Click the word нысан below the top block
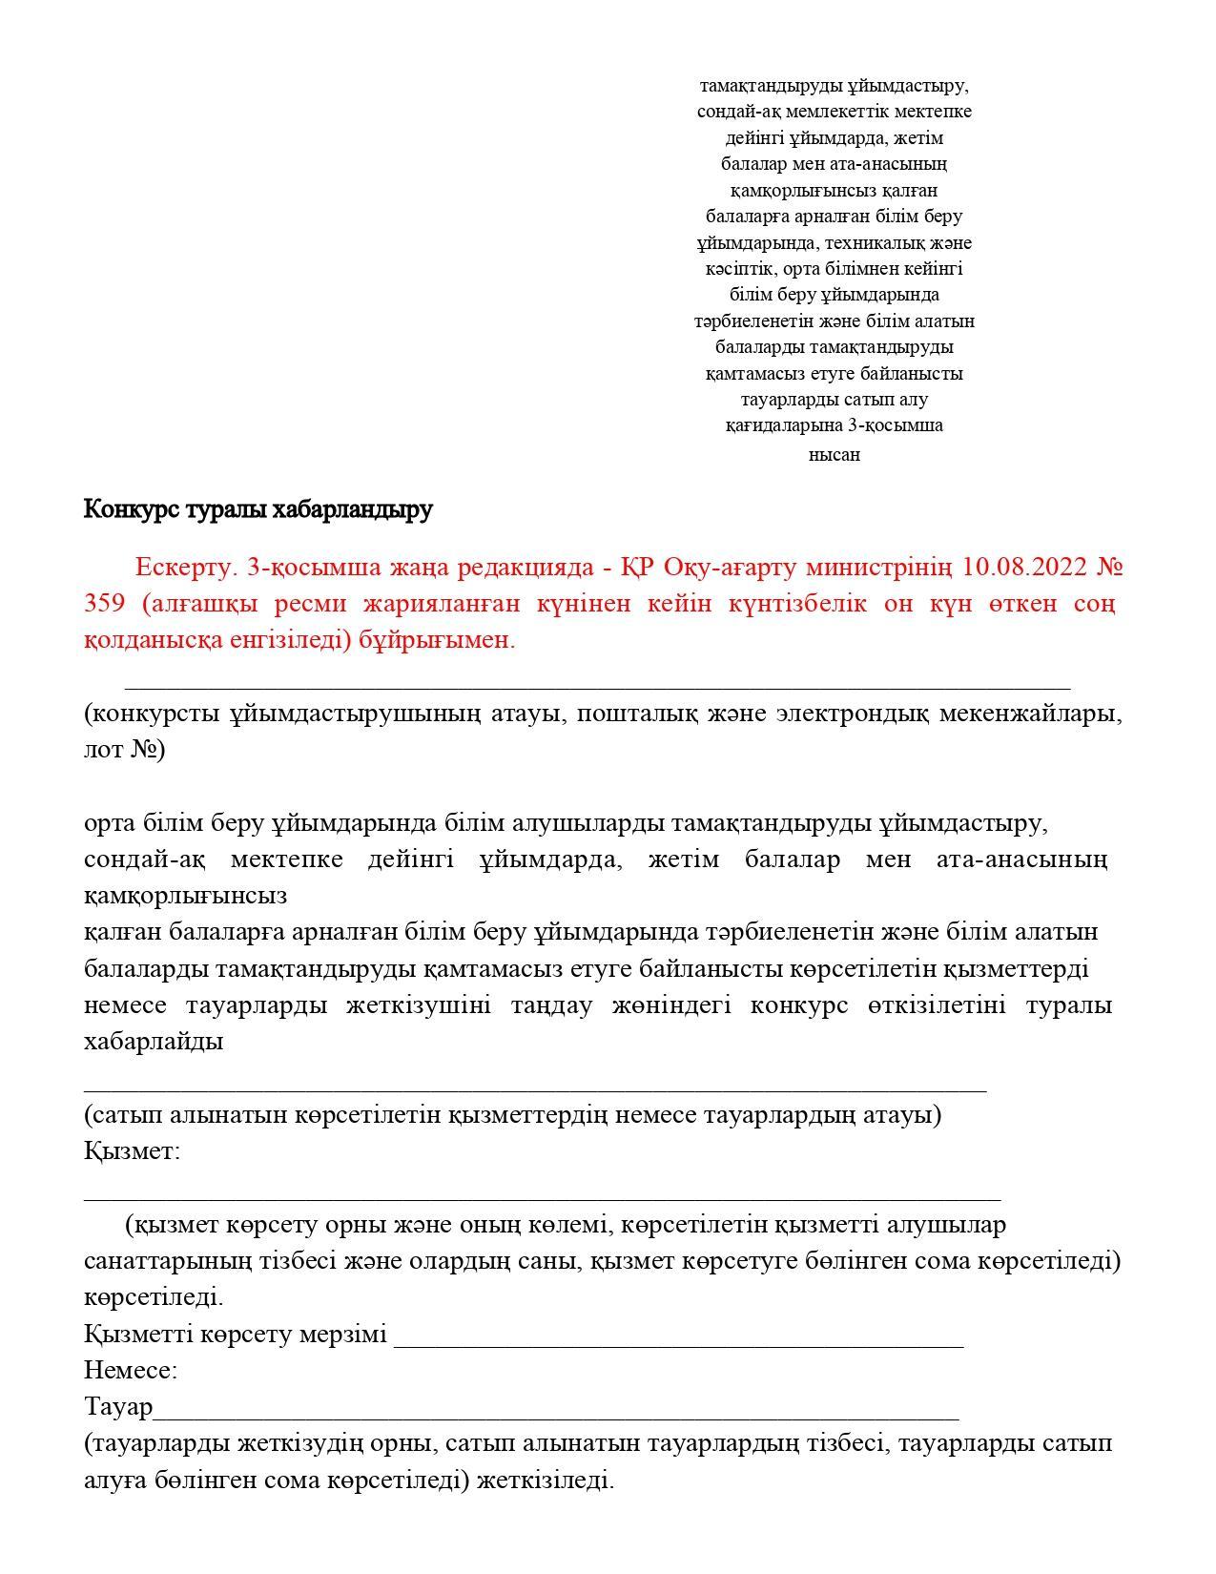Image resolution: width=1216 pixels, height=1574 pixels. [835, 455]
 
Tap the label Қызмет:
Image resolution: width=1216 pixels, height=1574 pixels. [132, 1150]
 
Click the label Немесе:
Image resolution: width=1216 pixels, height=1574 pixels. [131, 1371]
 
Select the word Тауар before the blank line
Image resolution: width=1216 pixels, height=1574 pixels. [118, 1407]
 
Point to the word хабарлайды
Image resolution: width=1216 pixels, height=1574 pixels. [154, 1041]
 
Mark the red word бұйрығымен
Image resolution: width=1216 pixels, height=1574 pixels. [437, 640]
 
